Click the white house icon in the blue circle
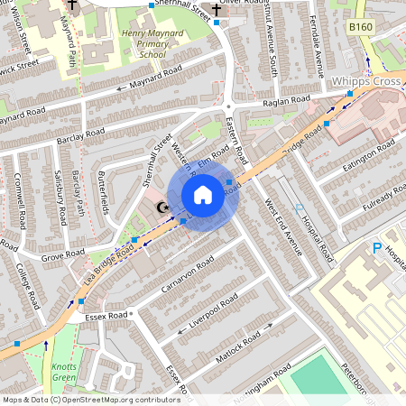pos(203,195)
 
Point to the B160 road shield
pos(361,28)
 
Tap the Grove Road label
pos(62,257)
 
